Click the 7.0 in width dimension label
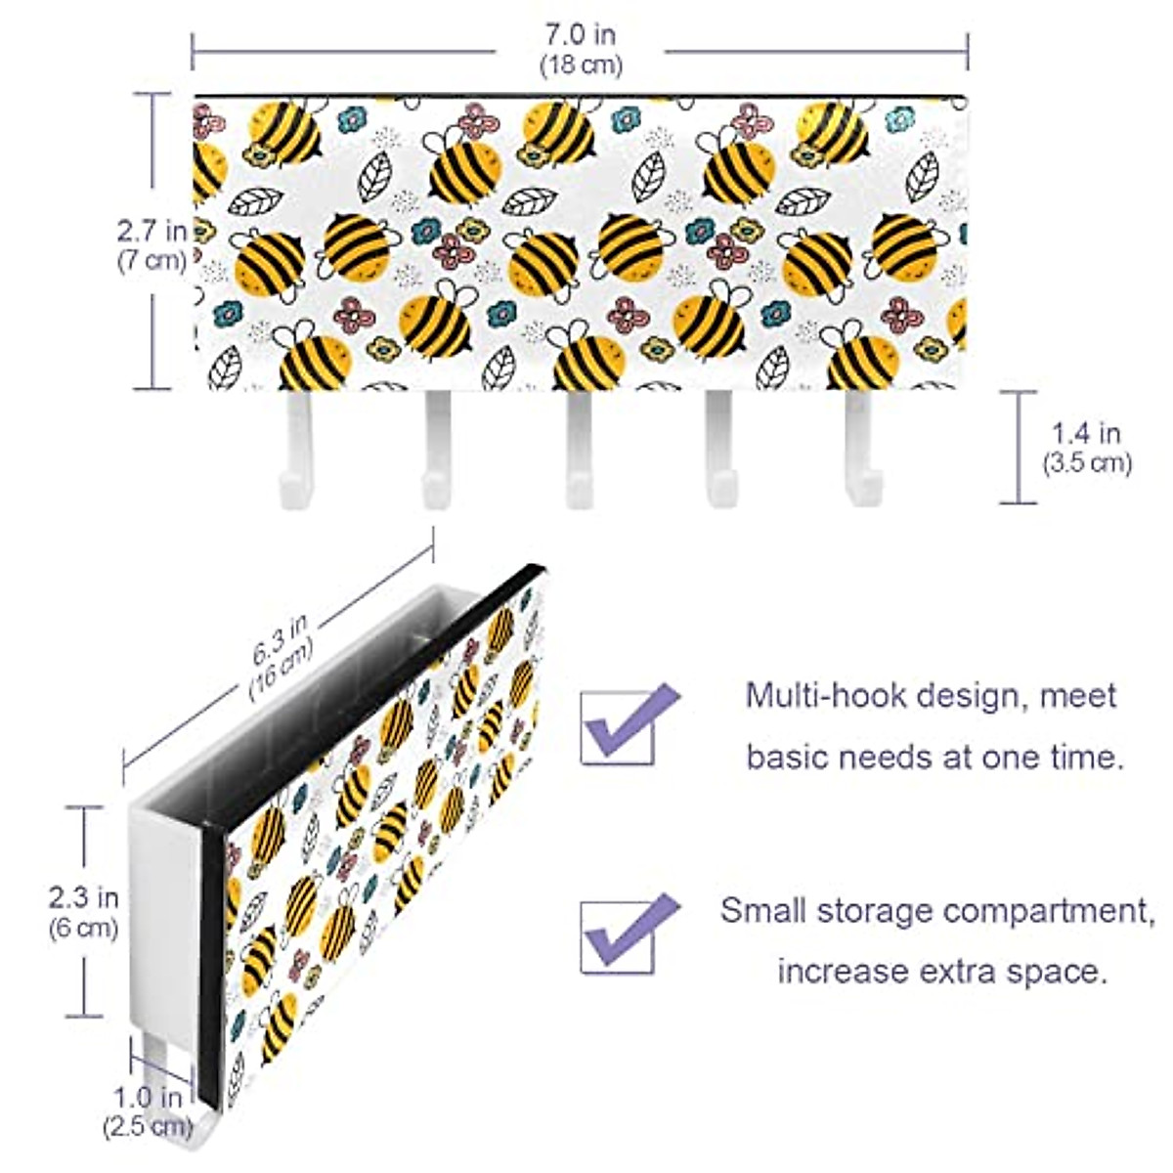[581, 35]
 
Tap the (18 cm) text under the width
[581, 65]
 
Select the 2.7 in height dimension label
[152, 232]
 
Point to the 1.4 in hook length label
[1086, 432]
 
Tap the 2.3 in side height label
[84, 896]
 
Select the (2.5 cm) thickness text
[145, 1126]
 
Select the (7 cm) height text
[152, 262]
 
